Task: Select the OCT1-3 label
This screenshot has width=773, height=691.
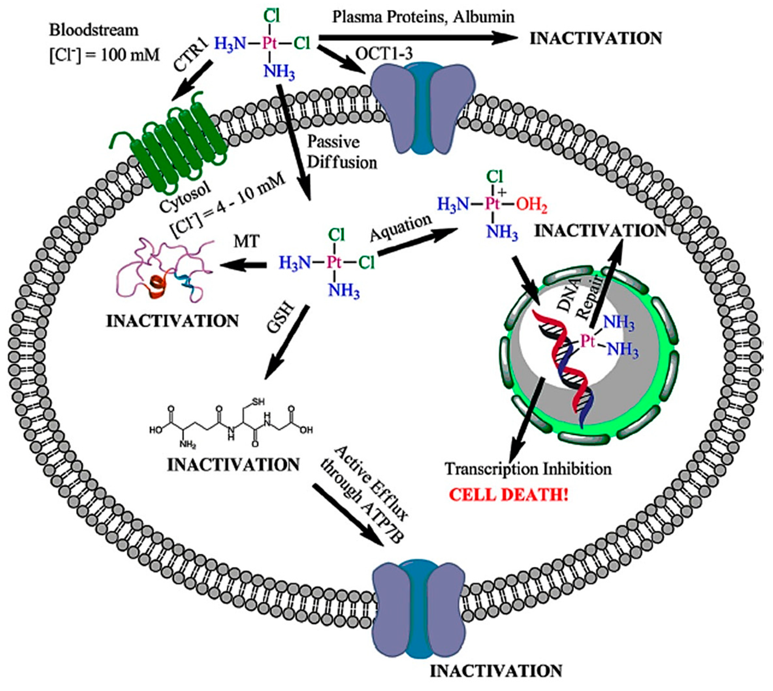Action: [384, 54]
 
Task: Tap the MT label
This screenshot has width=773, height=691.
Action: [247, 241]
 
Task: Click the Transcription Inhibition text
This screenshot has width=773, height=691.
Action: [528, 469]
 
